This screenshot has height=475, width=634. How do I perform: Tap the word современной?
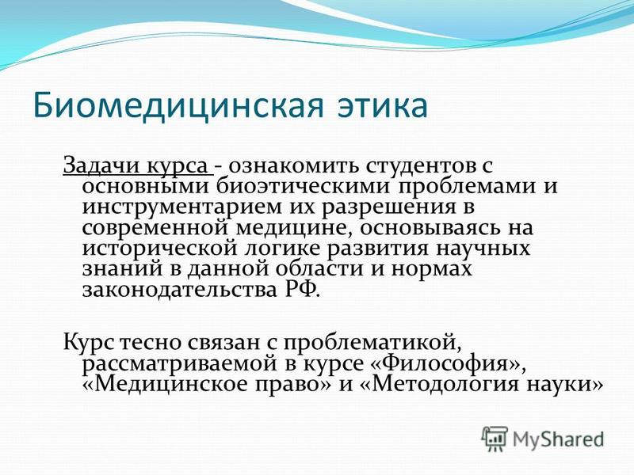pyautogui.click(x=155, y=229)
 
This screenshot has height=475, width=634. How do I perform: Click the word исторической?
pyautogui.click(x=160, y=249)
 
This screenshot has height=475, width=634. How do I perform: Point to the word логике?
pyautogui.click(x=284, y=249)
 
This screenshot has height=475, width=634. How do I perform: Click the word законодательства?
pyautogui.click(x=177, y=290)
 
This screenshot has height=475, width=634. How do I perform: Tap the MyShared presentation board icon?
pyautogui.click(x=495, y=439)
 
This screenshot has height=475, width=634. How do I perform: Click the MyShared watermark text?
pyautogui.click(x=559, y=439)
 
